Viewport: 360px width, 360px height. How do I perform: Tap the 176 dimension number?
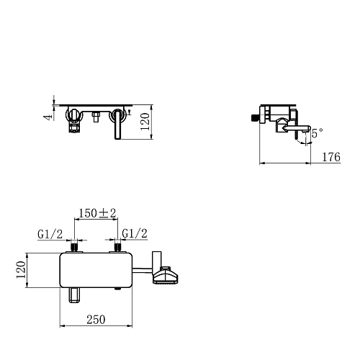coord(332,156)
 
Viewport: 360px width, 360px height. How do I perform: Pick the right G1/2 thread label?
coord(135,233)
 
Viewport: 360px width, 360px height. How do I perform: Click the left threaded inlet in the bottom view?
coord(74,247)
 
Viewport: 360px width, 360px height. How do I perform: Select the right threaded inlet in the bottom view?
coord(115,247)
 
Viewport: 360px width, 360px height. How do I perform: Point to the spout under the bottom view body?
coord(73,294)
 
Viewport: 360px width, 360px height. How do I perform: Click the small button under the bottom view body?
coord(117,291)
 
